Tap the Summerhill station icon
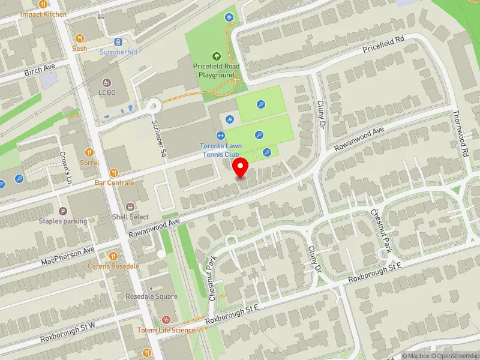119,42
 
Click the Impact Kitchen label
43,14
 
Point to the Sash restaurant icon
80,38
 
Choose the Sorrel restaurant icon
89,152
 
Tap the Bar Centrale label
114,182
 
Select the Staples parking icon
63,211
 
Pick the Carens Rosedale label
113,266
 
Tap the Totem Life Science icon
166,320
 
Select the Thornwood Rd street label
460,133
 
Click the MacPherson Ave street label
68,256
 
